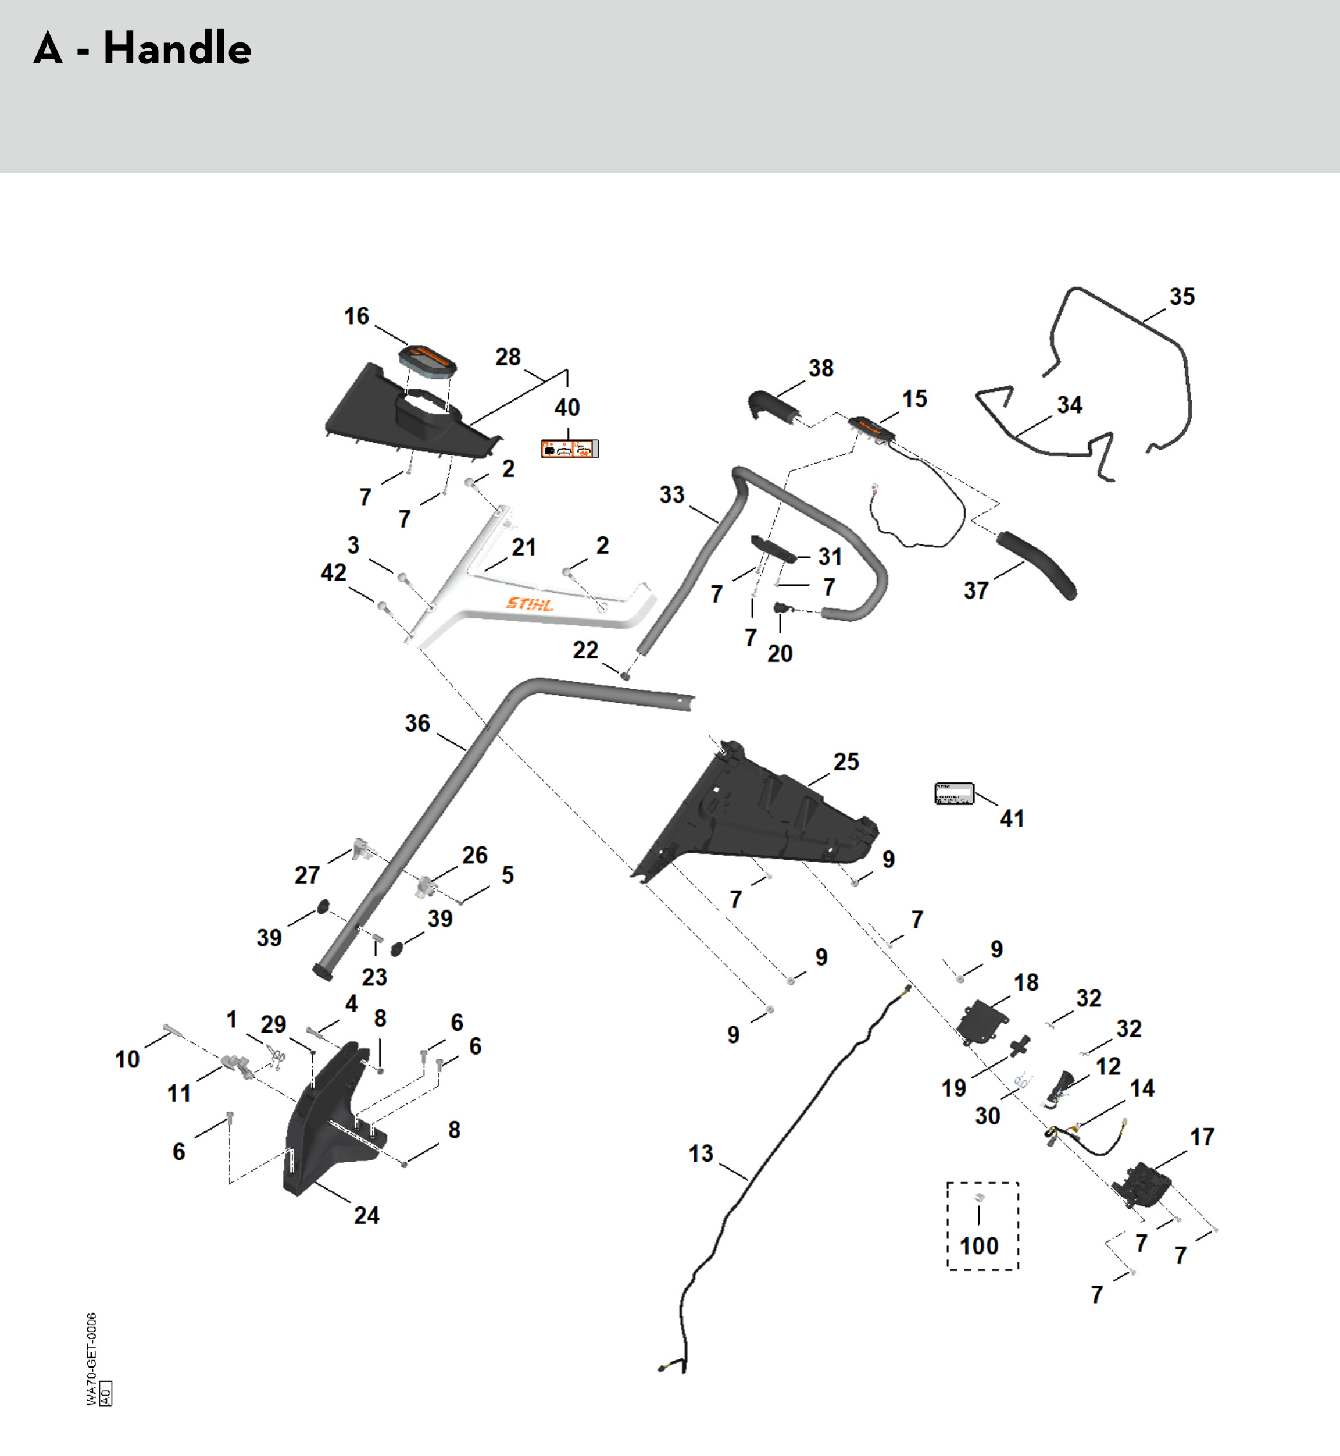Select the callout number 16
pos(356,316)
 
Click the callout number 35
pos(1182,297)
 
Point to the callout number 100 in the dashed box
pos(979,1245)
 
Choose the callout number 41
pos(1012,818)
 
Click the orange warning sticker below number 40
pos(570,448)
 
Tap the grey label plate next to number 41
pos(953,793)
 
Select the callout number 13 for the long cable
pos(701,1154)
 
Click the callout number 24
pos(366,1215)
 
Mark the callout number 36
pos(417,723)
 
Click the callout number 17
pos(1202,1137)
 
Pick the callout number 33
pos(671,495)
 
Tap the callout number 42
pos(334,572)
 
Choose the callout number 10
pos(127,1059)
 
